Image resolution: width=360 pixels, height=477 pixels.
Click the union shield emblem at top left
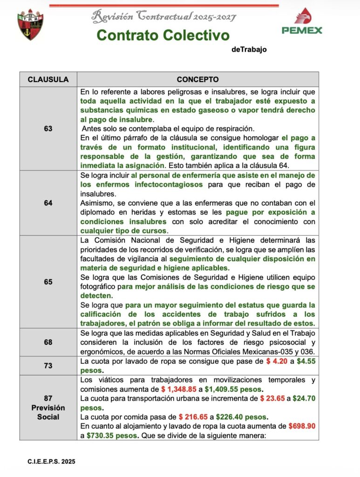(30, 25)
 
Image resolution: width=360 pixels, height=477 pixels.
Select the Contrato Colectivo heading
(163, 35)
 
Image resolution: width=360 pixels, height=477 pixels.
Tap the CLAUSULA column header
(48, 80)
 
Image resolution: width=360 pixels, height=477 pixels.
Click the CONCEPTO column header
(197, 80)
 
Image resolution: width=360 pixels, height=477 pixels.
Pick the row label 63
(48, 128)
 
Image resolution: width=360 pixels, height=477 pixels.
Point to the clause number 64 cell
(48, 203)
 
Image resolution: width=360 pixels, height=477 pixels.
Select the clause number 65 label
(48, 282)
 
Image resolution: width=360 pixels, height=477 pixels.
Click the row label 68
(48, 342)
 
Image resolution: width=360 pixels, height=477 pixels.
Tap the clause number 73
(48, 366)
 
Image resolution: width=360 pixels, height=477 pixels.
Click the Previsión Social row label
(48, 408)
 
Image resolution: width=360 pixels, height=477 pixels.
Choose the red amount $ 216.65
(195, 417)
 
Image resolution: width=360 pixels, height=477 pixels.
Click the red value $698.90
(301, 426)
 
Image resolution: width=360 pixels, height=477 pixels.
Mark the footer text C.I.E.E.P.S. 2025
(51, 462)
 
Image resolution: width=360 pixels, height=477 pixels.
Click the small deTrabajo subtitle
(249, 49)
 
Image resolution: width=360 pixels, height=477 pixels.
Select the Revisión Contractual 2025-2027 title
(164, 17)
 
